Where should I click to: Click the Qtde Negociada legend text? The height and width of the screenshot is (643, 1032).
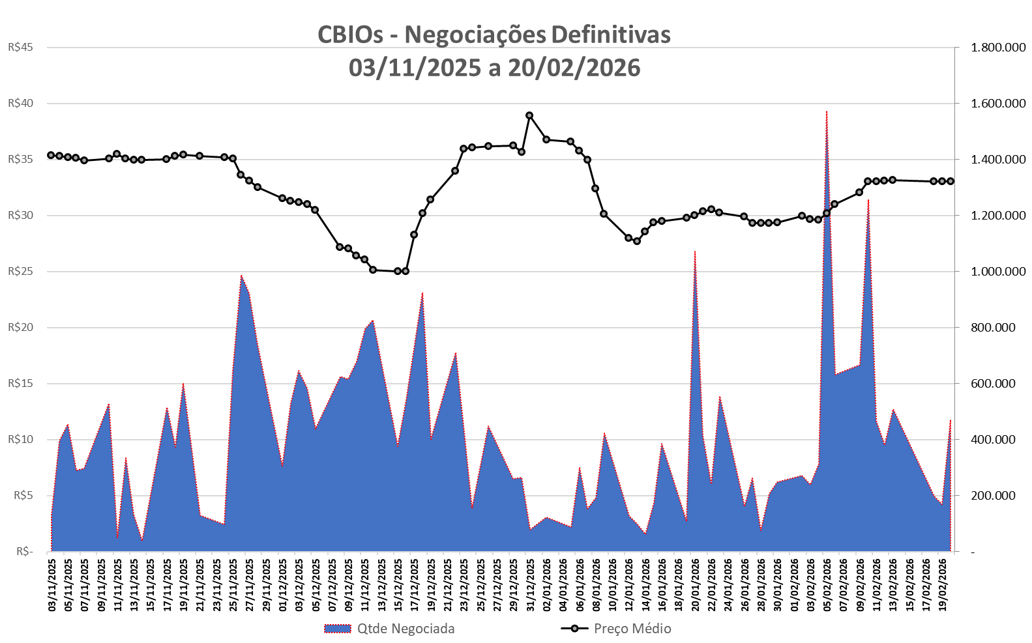[405, 629]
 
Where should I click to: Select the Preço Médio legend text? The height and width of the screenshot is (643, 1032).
[632, 629]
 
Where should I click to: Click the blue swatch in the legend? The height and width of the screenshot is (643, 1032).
[338, 629]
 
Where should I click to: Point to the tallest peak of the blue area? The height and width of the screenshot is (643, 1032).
[827, 112]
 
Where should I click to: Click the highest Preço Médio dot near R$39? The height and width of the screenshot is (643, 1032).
[529, 115]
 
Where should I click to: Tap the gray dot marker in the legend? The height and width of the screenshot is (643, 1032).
[574, 629]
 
